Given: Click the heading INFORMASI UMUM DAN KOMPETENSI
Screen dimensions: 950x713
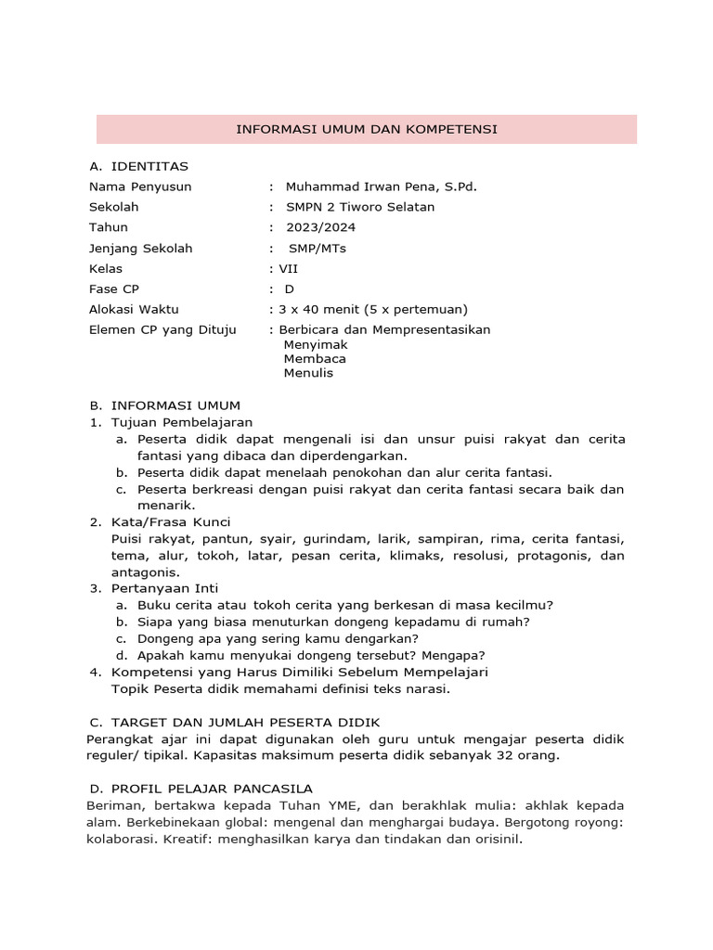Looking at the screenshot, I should (367, 129).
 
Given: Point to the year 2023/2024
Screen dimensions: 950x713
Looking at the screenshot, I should (320, 227).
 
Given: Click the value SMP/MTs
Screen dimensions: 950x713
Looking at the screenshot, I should (317, 248).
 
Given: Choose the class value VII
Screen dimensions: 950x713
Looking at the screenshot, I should (289, 268).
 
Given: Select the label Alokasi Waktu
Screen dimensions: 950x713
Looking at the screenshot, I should (134, 309).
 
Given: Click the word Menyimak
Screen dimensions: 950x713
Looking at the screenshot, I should (316, 344).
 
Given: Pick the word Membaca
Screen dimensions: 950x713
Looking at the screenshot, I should (315, 358).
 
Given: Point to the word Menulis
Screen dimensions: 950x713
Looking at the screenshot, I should (308, 373).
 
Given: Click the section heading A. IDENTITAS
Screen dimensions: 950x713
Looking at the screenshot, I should (138, 166).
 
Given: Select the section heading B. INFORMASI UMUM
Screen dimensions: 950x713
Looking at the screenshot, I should (164, 405).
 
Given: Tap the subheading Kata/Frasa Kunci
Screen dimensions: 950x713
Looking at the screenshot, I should (171, 522).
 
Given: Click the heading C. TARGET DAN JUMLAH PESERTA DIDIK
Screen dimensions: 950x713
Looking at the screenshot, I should (234, 722).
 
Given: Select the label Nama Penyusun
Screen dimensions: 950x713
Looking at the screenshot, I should (140, 186).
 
